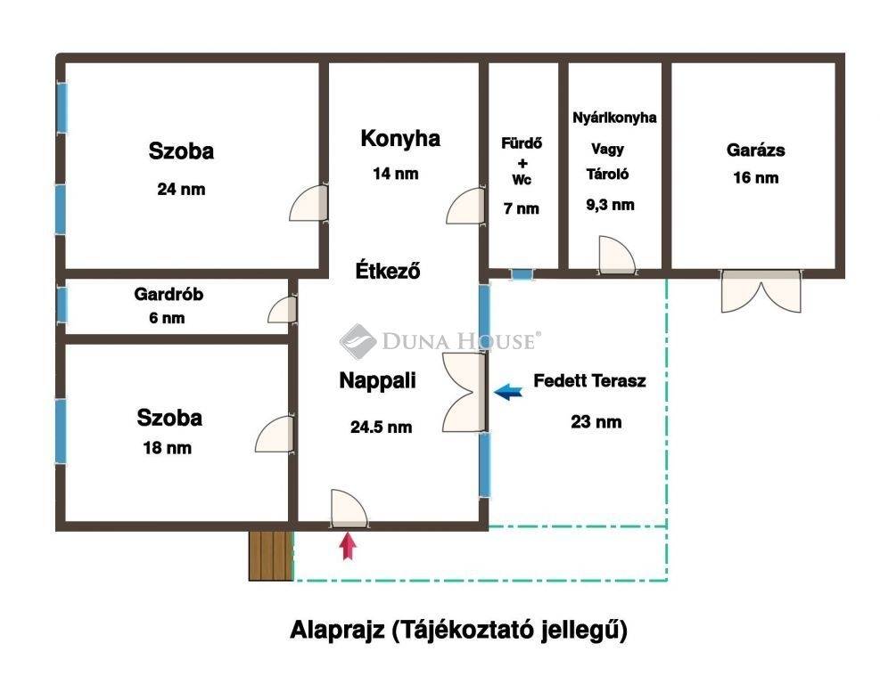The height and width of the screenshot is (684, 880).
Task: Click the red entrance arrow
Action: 349,546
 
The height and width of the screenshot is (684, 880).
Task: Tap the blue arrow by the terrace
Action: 508,392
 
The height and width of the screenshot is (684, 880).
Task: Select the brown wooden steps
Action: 271,556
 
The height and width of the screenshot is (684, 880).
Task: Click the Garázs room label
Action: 755,150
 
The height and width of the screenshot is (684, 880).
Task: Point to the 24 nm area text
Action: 181,189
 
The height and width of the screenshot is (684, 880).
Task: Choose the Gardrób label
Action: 169,294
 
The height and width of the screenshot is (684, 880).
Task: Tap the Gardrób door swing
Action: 282,309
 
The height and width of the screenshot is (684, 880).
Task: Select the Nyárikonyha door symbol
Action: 617,255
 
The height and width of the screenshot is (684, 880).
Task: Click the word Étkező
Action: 389,271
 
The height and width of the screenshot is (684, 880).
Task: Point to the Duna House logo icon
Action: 358,341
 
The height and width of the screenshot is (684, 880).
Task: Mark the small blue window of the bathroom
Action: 522,274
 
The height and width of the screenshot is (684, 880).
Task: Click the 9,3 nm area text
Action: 610,205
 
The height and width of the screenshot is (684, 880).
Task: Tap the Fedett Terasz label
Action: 589,380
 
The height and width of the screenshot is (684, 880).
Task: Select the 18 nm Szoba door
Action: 275,434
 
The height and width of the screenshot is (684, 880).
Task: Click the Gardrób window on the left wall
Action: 62,305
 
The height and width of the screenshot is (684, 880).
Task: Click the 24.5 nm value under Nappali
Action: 381,427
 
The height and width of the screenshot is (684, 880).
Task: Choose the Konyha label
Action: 400,138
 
